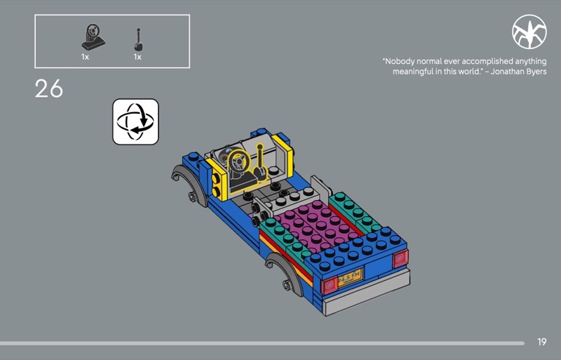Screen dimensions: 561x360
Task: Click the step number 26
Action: [x=48, y=88]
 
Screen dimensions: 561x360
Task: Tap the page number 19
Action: [x=541, y=342]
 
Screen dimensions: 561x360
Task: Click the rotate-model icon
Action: [x=135, y=122]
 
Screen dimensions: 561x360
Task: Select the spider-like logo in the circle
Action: [x=529, y=32]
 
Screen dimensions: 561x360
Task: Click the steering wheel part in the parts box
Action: [x=93, y=37]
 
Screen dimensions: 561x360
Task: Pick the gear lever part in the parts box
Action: [x=138, y=40]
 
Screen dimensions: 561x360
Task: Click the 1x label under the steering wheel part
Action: [x=85, y=57]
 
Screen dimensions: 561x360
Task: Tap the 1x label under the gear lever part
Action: [x=137, y=57]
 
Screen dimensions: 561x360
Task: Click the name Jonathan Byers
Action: [x=518, y=72]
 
